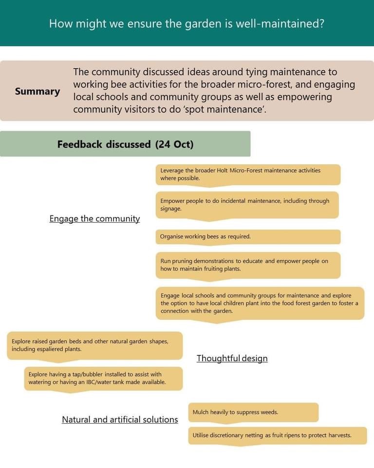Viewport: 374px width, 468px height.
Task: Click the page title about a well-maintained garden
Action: tap(187, 23)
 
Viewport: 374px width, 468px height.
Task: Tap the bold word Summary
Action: tap(37, 91)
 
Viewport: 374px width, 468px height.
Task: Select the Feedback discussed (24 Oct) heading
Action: tap(125, 144)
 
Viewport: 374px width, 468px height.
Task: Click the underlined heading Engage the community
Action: tap(94, 219)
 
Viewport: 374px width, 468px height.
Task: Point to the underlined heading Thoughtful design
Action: tap(232, 358)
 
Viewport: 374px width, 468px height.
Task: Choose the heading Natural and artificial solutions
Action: tap(120, 419)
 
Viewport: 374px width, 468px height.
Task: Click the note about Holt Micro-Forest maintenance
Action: tap(248, 175)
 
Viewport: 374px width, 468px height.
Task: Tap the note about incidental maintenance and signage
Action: tap(247, 205)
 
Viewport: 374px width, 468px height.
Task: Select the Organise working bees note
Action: tap(248, 236)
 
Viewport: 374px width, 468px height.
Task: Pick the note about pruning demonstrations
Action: tap(248, 265)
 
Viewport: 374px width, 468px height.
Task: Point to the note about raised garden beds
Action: tap(95, 345)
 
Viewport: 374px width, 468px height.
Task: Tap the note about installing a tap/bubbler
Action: tap(103, 378)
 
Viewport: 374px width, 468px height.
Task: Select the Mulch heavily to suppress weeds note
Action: tap(253, 412)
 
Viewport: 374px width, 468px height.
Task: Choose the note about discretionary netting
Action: tap(278, 435)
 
